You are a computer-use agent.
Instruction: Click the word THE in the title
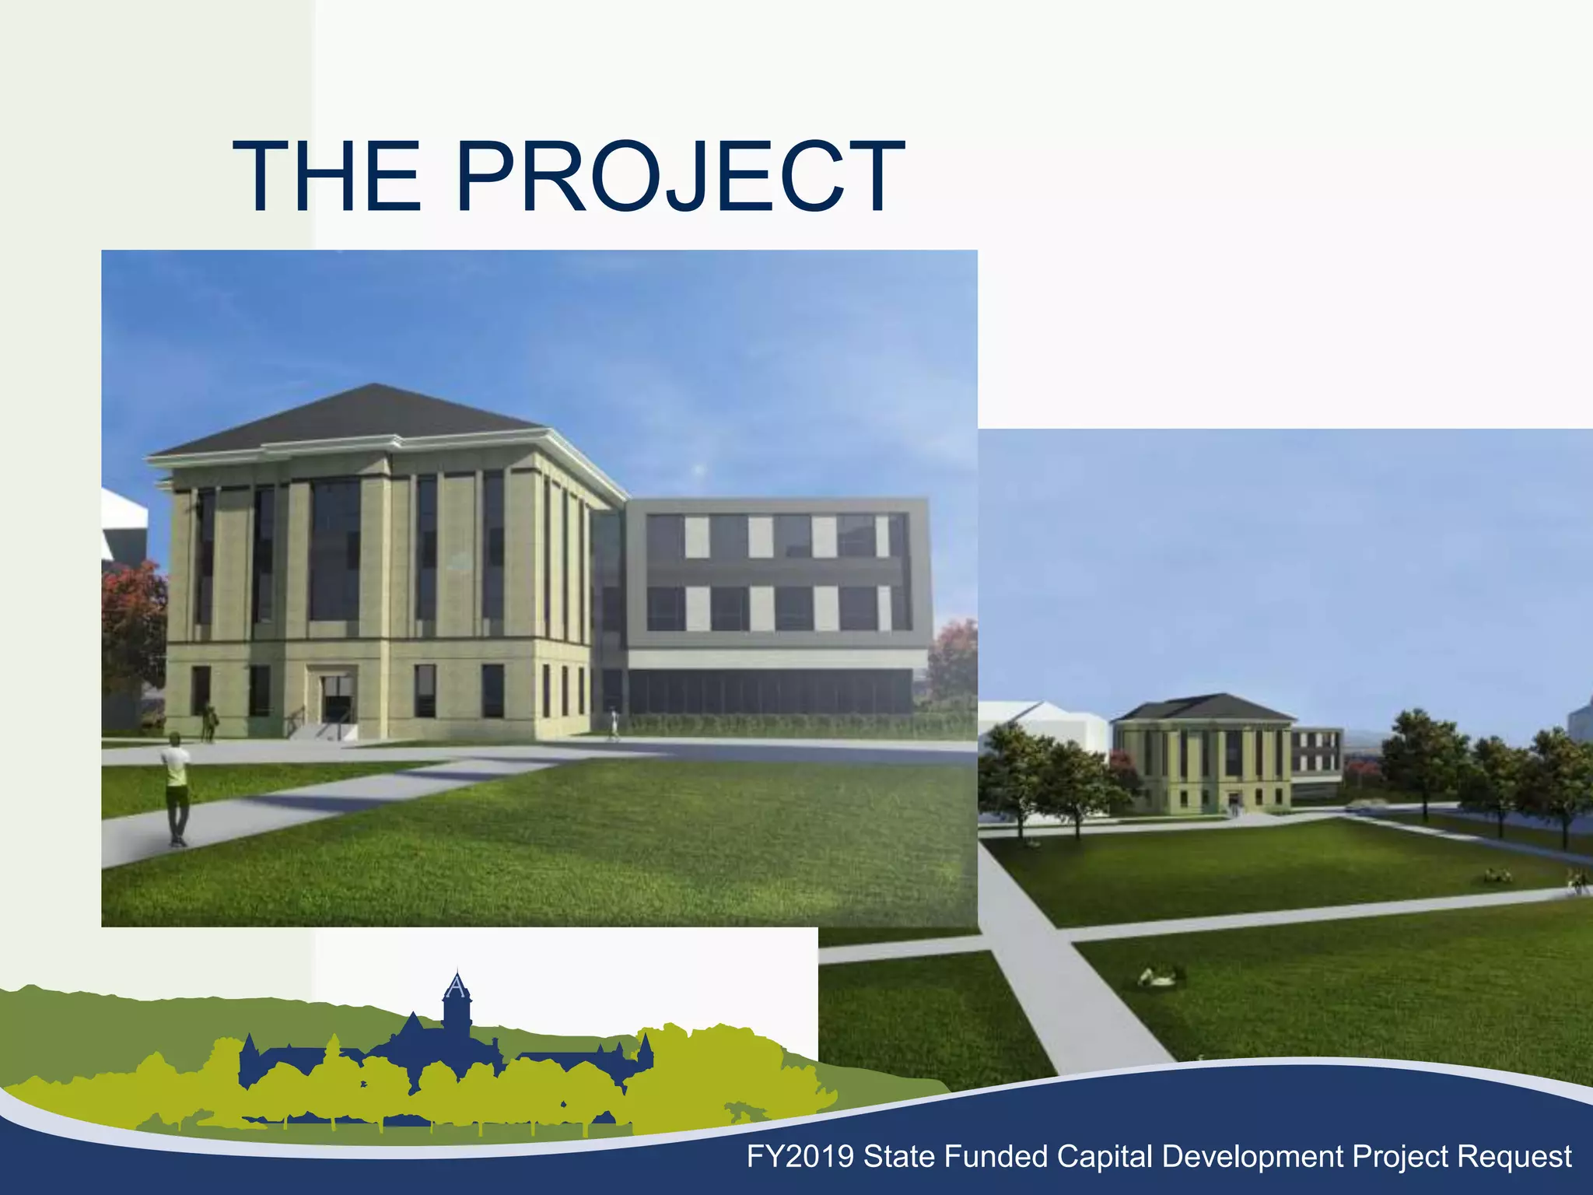tap(327, 177)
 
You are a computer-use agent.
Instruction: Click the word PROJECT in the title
tap(681, 177)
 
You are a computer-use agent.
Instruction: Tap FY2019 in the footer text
tap(800, 1157)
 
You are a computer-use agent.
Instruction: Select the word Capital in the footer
tap(1105, 1157)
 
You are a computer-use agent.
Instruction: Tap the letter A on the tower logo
tap(457, 988)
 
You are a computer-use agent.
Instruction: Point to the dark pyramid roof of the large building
tap(366, 420)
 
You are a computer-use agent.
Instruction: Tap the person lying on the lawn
tap(1157, 977)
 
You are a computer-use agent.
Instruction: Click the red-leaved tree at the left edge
tap(132, 615)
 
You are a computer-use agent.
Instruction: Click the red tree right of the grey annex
tap(955, 661)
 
